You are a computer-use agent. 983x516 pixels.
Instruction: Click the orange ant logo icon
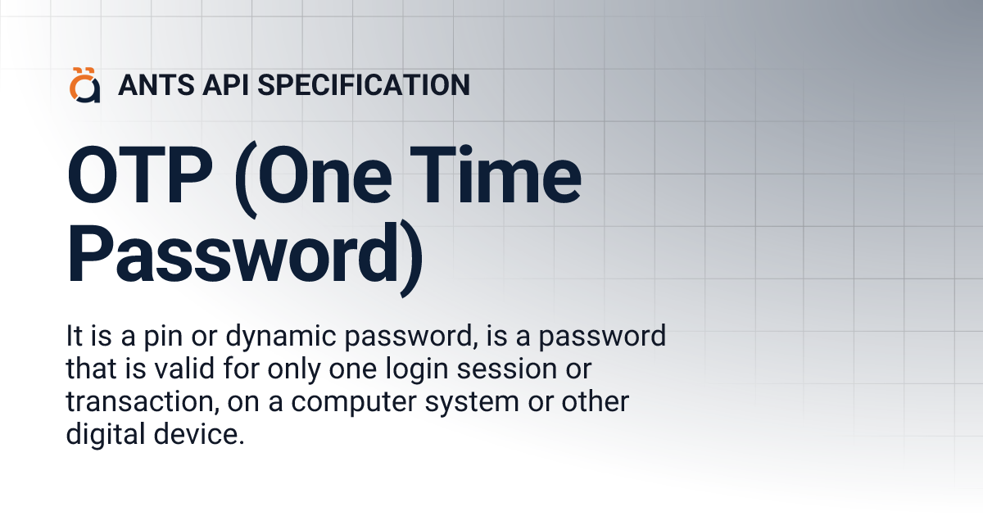click(x=84, y=85)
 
